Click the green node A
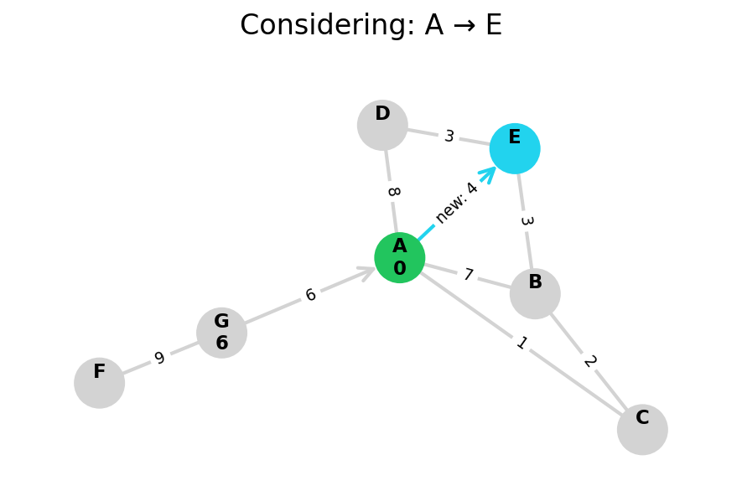(x=399, y=257)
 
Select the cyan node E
(x=515, y=148)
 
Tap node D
(x=382, y=125)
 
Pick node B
(x=535, y=293)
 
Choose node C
(x=642, y=429)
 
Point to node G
(x=221, y=333)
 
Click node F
(x=99, y=383)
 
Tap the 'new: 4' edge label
(x=456, y=202)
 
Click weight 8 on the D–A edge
(x=392, y=191)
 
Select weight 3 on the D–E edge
(x=449, y=137)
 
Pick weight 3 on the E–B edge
(x=526, y=221)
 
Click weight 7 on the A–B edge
(x=468, y=275)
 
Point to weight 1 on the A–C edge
(x=521, y=344)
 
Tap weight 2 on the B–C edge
(x=589, y=361)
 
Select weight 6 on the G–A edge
(x=310, y=296)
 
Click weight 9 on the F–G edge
(x=159, y=359)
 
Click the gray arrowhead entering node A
(x=367, y=271)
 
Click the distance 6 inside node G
(x=221, y=344)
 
